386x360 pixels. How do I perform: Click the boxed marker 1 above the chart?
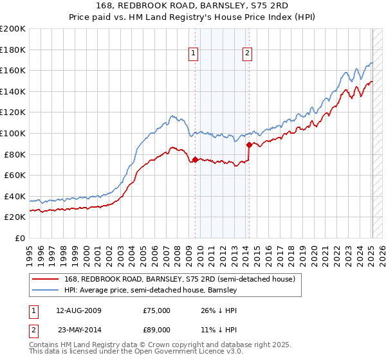pos(194,54)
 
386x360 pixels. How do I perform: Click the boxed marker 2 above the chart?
pos(248,54)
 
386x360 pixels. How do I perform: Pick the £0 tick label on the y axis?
pos(19,238)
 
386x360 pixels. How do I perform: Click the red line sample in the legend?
pos(46,279)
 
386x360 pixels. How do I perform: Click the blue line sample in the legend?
pos(46,291)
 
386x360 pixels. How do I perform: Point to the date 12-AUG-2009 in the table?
pos(83,310)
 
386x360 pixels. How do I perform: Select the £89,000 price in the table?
pos(156,330)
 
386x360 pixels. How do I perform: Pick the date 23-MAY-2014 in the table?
pos(83,330)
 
